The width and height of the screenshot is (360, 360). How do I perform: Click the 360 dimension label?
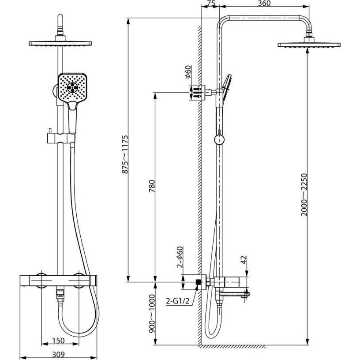point(264,4)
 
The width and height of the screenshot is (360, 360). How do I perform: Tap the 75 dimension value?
point(210,4)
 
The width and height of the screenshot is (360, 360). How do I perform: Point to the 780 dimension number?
point(152,186)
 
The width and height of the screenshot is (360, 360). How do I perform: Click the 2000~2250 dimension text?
point(304,195)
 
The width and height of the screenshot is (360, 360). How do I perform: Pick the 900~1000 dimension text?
point(152,313)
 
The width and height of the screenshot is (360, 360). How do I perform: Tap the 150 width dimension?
point(58,341)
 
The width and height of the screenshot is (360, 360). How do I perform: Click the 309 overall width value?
point(58,354)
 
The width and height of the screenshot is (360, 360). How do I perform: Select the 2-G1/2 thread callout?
point(178,301)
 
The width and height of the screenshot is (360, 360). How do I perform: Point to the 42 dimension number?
point(244,260)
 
